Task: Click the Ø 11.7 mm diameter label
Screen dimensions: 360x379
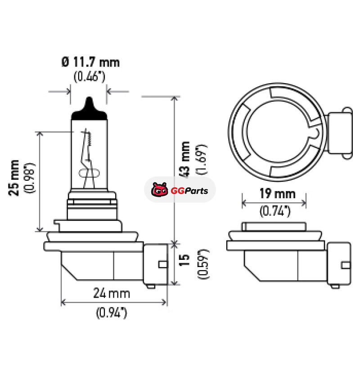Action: pyautogui.click(x=90, y=62)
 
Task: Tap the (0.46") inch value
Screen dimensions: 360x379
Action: pyautogui.click(x=90, y=76)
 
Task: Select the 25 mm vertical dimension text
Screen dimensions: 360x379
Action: pyautogui.click(x=14, y=178)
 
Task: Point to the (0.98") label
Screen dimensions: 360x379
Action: pyautogui.click(x=30, y=178)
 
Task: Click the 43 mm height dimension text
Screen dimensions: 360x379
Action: pyautogui.click(x=185, y=160)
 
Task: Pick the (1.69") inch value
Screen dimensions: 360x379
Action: pyautogui.click(x=202, y=159)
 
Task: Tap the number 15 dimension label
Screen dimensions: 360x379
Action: pyautogui.click(x=184, y=260)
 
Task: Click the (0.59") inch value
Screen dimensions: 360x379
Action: pyautogui.click(x=203, y=264)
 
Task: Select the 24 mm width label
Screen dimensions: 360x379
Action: pyautogui.click(x=112, y=293)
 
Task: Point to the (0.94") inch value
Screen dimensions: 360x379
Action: pyautogui.click(x=112, y=313)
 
